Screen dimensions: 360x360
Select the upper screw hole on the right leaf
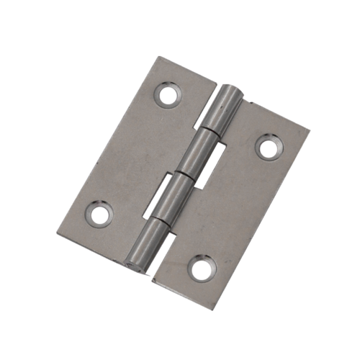click(x=268, y=148)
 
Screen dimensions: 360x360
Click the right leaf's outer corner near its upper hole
click(x=312, y=130)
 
